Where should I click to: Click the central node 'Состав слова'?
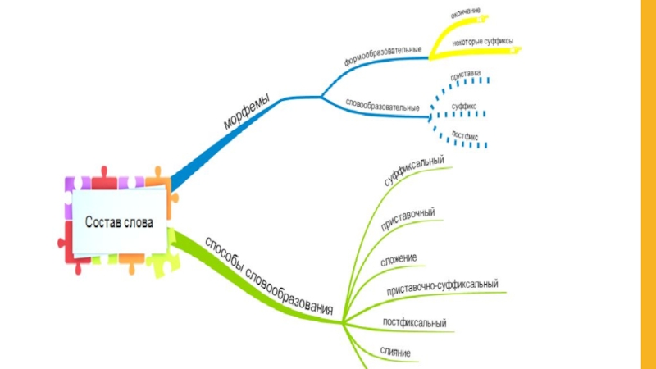(119, 221)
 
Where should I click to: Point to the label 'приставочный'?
(408, 221)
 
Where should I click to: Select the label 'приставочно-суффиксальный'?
(443, 288)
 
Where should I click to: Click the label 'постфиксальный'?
(414, 322)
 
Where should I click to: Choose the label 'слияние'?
(395, 352)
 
